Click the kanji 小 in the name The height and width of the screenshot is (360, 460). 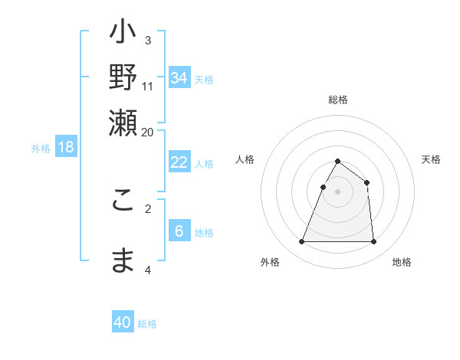(123, 34)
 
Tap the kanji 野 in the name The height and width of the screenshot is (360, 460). (123, 77)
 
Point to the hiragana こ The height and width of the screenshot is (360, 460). (123, 198)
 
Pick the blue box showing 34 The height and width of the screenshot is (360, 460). (179, 78)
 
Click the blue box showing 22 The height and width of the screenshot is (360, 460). (179, 162)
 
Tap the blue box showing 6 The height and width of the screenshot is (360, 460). (179, 231)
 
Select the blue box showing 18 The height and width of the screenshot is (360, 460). (66, 147)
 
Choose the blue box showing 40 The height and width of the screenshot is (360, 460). (123, 322)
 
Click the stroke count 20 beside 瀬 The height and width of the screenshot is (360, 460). (147, 132)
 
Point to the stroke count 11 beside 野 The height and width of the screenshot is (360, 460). (147, 86)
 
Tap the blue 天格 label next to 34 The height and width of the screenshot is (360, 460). (204, 79)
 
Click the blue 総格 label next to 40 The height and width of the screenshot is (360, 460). (147, 324)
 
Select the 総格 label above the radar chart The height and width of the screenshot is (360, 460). (337, 100)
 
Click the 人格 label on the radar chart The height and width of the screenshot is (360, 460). (245, 159)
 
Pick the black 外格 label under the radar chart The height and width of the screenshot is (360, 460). (270, 262)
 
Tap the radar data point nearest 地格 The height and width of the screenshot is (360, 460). (373, 242)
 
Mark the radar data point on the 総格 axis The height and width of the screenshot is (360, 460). (337, 162)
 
